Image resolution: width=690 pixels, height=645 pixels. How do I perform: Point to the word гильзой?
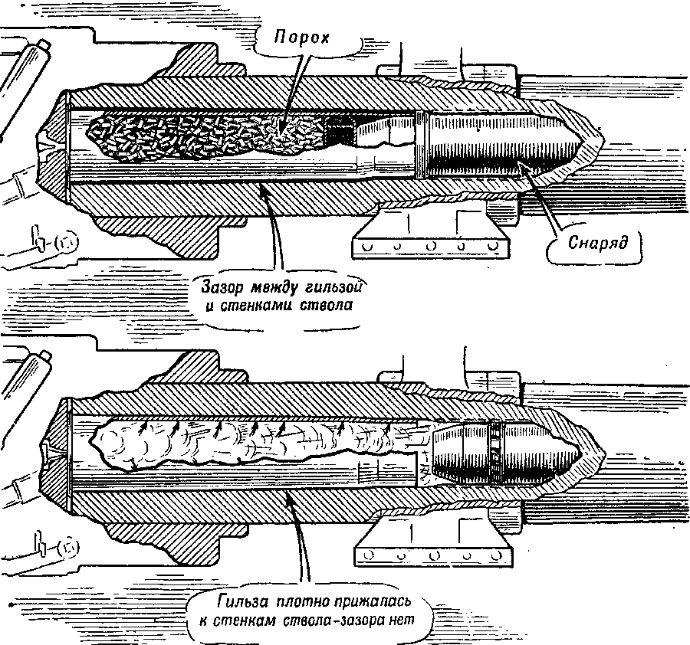pyautogui.click(x=330, y=288)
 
